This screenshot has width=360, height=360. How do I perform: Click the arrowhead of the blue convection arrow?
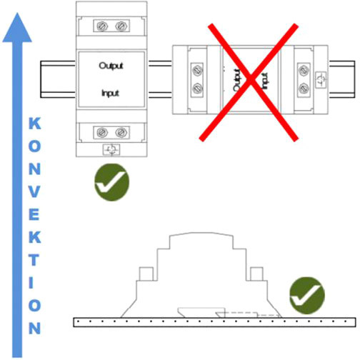17,28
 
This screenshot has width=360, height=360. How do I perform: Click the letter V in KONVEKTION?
34,191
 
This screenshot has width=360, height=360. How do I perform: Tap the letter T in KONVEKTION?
34,259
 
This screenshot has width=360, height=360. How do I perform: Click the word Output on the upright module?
111,66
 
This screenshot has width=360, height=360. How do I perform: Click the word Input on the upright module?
110,93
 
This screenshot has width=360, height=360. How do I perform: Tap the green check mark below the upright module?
112,182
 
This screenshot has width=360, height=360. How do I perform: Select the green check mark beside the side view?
307,295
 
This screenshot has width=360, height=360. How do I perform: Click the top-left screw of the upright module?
101,26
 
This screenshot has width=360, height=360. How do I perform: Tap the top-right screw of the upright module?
121,26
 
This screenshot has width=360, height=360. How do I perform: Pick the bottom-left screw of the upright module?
102,132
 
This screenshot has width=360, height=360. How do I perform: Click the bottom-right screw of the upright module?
121,132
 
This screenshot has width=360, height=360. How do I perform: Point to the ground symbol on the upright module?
111,149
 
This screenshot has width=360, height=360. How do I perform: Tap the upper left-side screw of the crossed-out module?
197,71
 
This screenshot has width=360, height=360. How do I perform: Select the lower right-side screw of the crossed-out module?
304,89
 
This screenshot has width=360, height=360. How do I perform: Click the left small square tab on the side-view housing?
146,274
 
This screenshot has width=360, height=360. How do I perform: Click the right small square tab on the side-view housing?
256,274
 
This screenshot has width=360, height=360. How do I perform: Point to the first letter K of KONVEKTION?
35,124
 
